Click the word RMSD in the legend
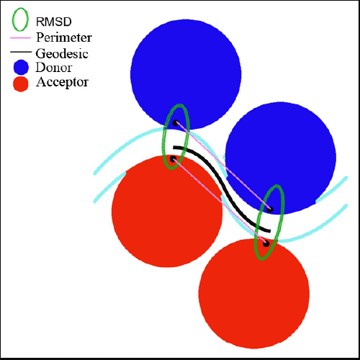point(54,22)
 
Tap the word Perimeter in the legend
point(64,37)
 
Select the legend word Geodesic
point(62,53)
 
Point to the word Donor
point(54,68)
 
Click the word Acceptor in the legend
point(62,82)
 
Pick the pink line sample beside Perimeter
point(20,38)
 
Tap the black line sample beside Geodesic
point(21,52)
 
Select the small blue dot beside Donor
point(21,67)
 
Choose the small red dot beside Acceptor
point(21,84)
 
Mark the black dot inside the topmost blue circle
point(176,123)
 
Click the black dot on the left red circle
point(173,159)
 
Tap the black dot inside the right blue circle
point(270,210)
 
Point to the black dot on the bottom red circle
point(266,244)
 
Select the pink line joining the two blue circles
point(223,166)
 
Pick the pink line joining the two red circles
point(220,202)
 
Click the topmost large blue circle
point(186,74)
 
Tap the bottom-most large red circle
point(254,293)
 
